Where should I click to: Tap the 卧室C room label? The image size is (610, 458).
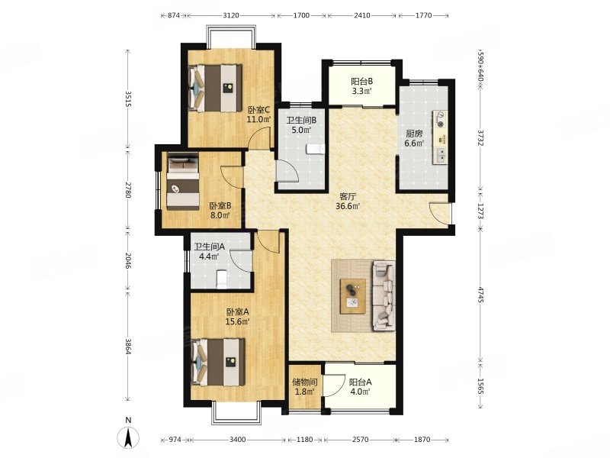[258, 110]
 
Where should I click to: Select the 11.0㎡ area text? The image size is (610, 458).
[258, 120]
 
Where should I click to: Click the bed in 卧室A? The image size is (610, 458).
[218, 362]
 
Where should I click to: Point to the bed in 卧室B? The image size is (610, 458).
[183, 182]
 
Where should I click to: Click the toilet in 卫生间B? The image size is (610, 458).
[315, 149]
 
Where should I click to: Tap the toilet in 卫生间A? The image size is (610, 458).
[221, 279]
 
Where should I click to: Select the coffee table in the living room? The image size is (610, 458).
[352, 296]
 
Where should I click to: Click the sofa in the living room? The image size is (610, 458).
[384, 295]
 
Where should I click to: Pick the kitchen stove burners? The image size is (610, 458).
[441, 120]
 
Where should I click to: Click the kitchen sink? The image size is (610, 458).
[441, 155]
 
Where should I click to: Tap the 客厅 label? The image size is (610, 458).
[348, 196]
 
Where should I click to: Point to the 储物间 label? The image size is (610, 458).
[305, 382]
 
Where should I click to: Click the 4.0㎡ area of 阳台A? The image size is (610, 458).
[360, 392]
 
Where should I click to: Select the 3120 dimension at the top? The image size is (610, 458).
[231, 15]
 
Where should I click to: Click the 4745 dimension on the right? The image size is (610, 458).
[481, 295]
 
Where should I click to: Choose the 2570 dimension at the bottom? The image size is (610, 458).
[360, 440]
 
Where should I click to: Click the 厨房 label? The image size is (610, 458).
[414, 134]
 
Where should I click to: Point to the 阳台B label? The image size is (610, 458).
[361, 82]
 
